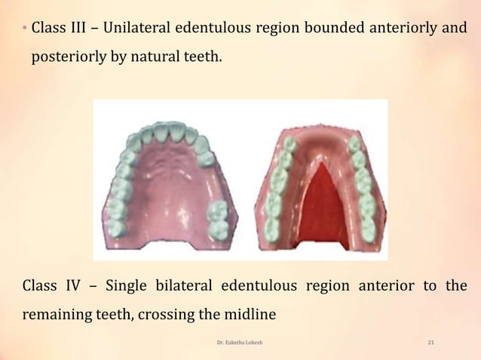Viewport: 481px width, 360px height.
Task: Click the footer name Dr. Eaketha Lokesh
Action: click(x=240, y=343)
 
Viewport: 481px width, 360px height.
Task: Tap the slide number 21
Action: click(x=430, y=343)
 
